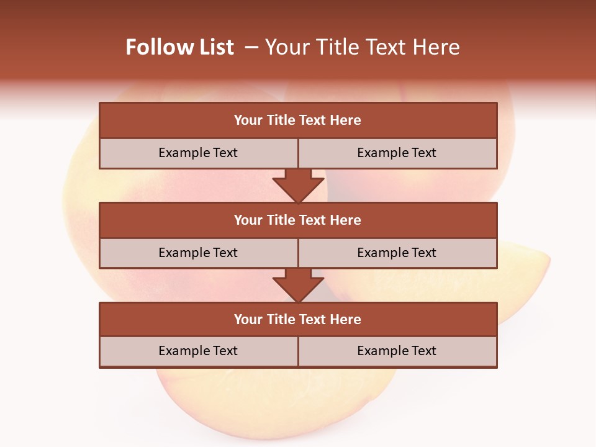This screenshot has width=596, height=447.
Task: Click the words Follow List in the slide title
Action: [x=179, y=47]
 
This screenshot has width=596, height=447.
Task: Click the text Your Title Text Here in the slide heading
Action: [x=362, y=47]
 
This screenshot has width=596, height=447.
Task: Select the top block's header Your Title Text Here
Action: [x=297, y=120]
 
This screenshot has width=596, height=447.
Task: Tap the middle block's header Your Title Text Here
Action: [x=297, y=220]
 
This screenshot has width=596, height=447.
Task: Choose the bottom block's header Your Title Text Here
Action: [x=297, y=319]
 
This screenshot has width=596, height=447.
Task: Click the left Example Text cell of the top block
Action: [x=198, y=153]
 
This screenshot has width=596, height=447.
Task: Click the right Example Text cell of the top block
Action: [x=397, y=153]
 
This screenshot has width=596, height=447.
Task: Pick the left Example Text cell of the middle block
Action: [x=198, y=253]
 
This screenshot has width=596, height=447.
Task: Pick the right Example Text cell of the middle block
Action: [x=397, y=253]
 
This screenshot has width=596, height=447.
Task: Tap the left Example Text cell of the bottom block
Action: [x=198, y=351]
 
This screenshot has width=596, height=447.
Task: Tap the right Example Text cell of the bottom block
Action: [x=397, y=351]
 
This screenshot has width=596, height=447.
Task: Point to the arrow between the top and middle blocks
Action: [x=298, y=186]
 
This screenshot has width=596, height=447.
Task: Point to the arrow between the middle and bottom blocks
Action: [x=298, y=286]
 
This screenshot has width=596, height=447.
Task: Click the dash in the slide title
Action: [x=251, y=47]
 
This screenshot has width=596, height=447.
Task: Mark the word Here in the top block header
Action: [x=346, y=120]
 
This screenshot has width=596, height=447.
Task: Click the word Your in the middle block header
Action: [x=248, y=220]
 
